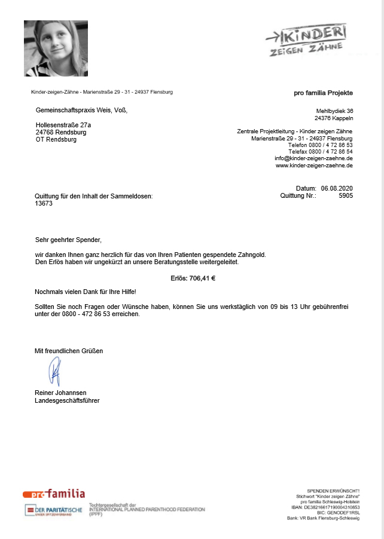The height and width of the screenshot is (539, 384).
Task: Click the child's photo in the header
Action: pos(56,48)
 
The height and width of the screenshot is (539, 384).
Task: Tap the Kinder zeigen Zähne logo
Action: pos(306,40)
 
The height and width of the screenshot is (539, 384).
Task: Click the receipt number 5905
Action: pos(346,195)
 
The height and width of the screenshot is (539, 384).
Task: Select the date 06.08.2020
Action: pos(337,188)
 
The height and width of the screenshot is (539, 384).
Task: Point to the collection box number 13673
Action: pos(44,203)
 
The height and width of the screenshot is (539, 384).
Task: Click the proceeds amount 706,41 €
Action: pos(202,278)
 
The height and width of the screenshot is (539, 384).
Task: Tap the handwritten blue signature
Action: pos(55,372)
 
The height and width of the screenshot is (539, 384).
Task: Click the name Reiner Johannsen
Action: pos(61,393)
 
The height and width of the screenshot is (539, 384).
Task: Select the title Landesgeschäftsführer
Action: pos(67,400)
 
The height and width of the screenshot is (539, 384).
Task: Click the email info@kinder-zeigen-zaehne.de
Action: pos(313,158)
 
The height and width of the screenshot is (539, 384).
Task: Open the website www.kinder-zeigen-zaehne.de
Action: pos(314,166)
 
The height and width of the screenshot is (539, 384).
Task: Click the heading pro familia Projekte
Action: pos(323,93)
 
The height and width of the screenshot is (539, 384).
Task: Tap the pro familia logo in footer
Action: pos(54,494)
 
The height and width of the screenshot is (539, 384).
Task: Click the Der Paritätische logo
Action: pos(54,510)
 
